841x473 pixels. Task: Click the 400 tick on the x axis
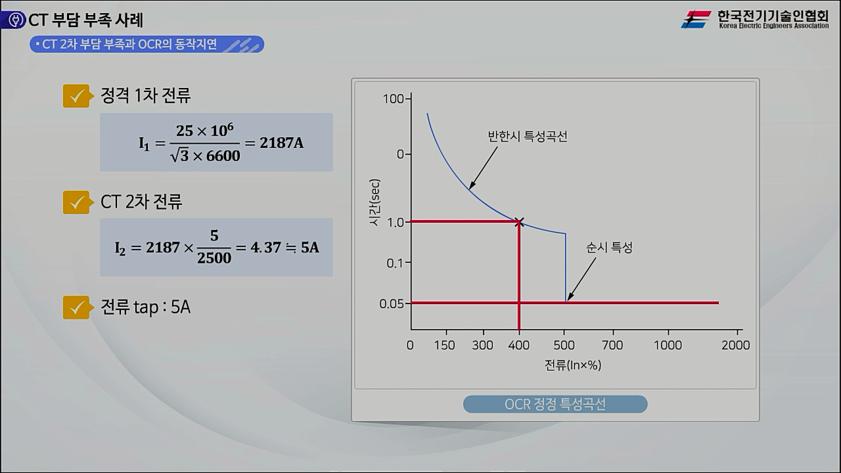(x=519, y=346)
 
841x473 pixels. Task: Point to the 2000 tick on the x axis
(x=735, y=346)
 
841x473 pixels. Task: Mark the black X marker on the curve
(x=519, y=222)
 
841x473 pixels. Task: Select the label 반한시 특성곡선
(x=527, y=137)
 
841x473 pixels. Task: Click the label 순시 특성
(x=609, y=248)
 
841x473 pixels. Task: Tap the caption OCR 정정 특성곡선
(x=555, y=404)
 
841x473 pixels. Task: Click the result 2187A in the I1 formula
(x=281, y=143)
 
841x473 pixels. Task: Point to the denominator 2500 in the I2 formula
(x=214, y=258)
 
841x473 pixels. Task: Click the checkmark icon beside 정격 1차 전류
(x=76, y=96)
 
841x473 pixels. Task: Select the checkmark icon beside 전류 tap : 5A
(x=76, y=307)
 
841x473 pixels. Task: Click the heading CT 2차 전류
(x=141, y=202)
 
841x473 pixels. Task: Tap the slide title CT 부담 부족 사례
(x=85, y=20)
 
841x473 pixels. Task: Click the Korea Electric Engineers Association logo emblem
(x=696, y=19)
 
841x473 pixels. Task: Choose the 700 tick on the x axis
(x=612, y=346)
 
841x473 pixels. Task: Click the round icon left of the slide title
(x=14, y=20)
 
